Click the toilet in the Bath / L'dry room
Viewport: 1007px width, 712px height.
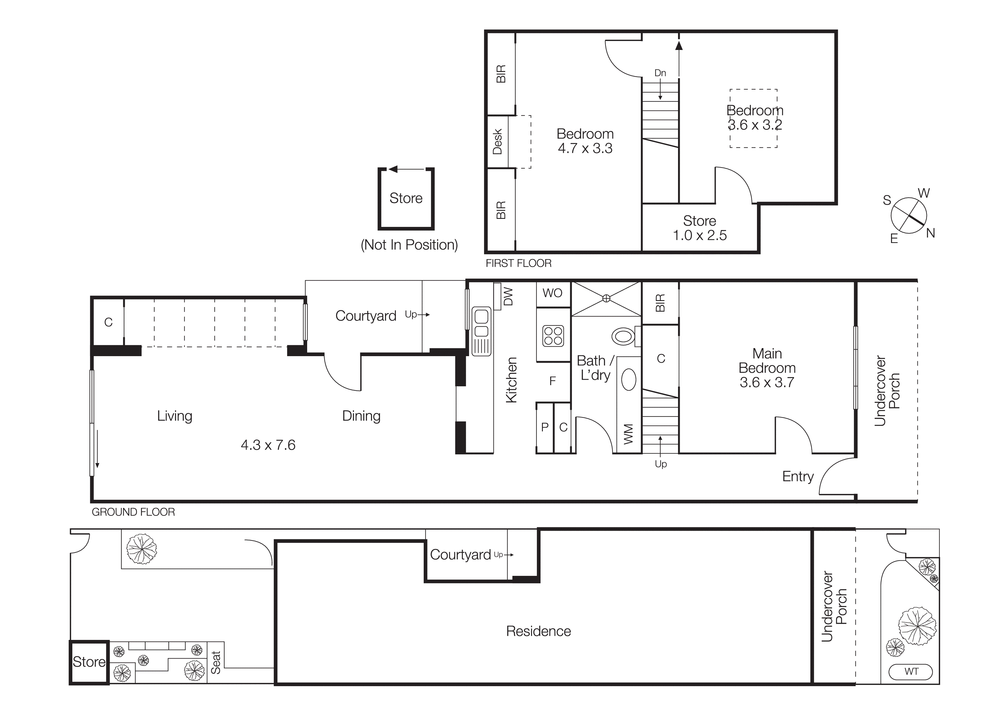point(623,337)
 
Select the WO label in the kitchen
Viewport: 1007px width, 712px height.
point(552,293)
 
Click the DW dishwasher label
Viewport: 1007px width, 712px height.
point(508,297)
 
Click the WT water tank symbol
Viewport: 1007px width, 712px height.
point(911,672)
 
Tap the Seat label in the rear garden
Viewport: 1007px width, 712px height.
point(215,662)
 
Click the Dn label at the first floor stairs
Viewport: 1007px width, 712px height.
point(660,73)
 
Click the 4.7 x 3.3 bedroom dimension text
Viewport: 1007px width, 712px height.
point(585,148)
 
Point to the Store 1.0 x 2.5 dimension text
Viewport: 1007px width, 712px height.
point(700,236)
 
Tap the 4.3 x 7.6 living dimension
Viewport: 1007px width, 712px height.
point(268,445)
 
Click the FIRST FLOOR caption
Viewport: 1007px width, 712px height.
point(518,263)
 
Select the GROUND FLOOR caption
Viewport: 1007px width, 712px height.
point(133,512)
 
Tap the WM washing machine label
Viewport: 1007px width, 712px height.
point(628,434)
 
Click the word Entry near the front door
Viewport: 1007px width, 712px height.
point(798,476)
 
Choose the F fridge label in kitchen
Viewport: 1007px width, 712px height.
point(553,381)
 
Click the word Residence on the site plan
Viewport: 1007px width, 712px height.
point(538,631)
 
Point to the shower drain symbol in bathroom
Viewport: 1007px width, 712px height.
point(606,298)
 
